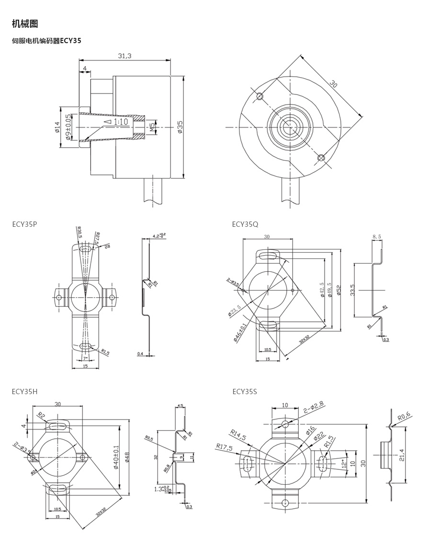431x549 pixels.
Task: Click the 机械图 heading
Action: pyautogui.click(x=25, y=24)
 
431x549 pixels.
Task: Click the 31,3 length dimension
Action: pyautogui.click(x=125, y=56)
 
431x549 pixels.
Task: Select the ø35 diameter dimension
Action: pyautogui.click(x=180, y=127)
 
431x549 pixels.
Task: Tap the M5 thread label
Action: pyautogui.click(x=152, y=127)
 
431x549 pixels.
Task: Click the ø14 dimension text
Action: pyautogui.click(x=57, y=127)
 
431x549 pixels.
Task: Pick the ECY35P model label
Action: pyautogui.click(x=24, y=224)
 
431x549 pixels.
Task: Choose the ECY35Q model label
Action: pyautogui.click(x=245, y=224)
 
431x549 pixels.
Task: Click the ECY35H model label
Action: pyautogui.click(x=24, y=391)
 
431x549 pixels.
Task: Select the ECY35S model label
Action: pyautogui.click(x=245, y=391)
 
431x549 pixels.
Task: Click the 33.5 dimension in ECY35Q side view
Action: pyautogui.click(x=352, y=290)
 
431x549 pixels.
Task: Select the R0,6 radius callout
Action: pyautogui.click(x=404, y=416)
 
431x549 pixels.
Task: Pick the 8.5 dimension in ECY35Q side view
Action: pyautogui.click(x=376, y=236)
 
